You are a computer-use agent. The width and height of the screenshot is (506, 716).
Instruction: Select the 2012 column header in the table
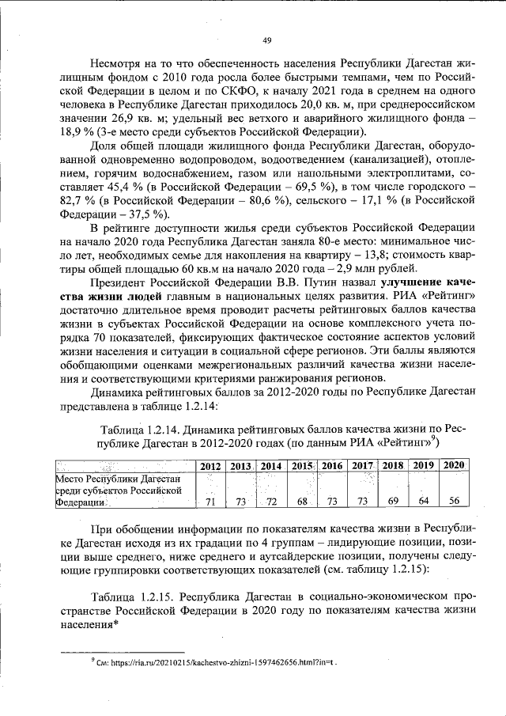pyautogui.click(x=210, y=465)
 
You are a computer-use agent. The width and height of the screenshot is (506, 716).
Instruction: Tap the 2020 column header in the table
pyautogui.click(x=453, y=464)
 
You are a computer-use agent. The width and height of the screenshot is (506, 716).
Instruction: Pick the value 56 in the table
pyautogui.click(x=453, y=502)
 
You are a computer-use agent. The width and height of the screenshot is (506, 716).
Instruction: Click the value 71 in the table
pyautogui.click(x=210, y=502)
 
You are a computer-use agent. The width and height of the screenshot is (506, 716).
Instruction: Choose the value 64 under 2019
pyautogui.click(x=423, y=502)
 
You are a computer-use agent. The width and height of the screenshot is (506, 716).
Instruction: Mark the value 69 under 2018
pyautogui.click(x=392, y=502)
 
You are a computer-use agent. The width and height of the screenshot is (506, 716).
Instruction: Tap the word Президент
pyautogui.click(x=123, y=281)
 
